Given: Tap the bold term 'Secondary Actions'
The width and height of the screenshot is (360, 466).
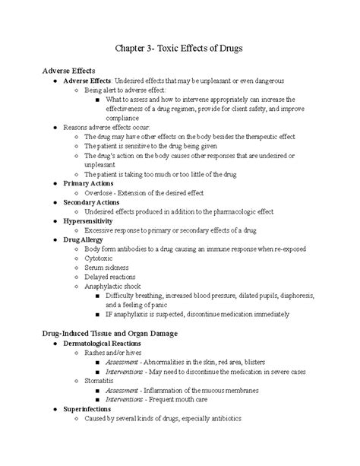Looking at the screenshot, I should tap(93, 203).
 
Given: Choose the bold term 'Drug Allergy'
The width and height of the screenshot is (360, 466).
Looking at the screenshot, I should tap(85, 239).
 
